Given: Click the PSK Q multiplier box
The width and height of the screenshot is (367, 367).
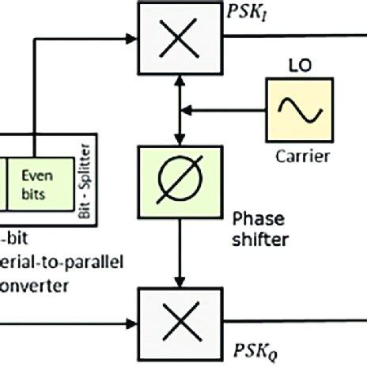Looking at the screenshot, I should pos(167,322).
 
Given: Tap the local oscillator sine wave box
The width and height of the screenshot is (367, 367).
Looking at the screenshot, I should pos(301,113).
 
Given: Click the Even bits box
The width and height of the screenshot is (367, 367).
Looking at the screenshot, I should pos(36,183).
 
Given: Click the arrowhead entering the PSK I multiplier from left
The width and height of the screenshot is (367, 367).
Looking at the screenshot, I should pos(131,35).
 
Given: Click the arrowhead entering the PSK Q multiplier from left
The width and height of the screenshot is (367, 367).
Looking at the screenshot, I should pos(131,322).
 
